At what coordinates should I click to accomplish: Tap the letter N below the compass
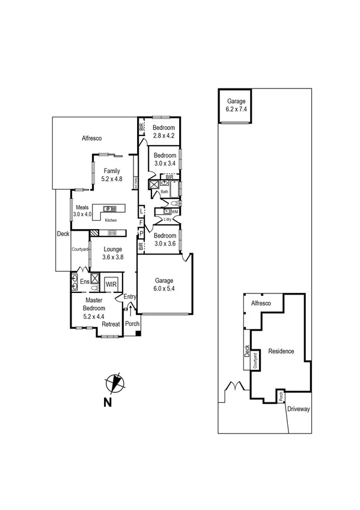pyautogui.click(x=108, y=403)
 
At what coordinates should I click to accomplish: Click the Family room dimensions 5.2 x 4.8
pyautogui.click(x=112, y=179)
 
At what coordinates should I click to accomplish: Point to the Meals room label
pyautogui.click(x=82, y=207)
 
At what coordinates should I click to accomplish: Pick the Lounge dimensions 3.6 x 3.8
pyautogui.click(x=112, y=257)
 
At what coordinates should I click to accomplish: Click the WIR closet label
pyautogui.click(x=111, y=283)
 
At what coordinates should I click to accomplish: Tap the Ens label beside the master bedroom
pyautogui.click(x=85, y=281)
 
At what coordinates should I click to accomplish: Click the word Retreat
pyautogui.click(x=111, y=325)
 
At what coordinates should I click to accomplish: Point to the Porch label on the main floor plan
pyautogui.click(x=132, y=324)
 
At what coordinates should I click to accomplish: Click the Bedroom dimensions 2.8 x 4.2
pyautogui.click(x=163, y=136)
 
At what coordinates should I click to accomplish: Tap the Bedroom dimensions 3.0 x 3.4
pyautogui.click(x=164, y=163)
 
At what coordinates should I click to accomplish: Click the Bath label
pyautogui.click(x=165, y=191)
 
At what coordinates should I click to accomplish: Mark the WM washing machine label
pyautogui.click(x=175, y=212)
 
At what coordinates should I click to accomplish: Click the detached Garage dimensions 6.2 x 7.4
pyautogui.click(x=236, y=109)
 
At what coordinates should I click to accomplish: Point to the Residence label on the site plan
pyautogui.click(x=281, y=351)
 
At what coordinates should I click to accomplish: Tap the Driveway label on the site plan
pyautogui.click(x=298, y=409)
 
